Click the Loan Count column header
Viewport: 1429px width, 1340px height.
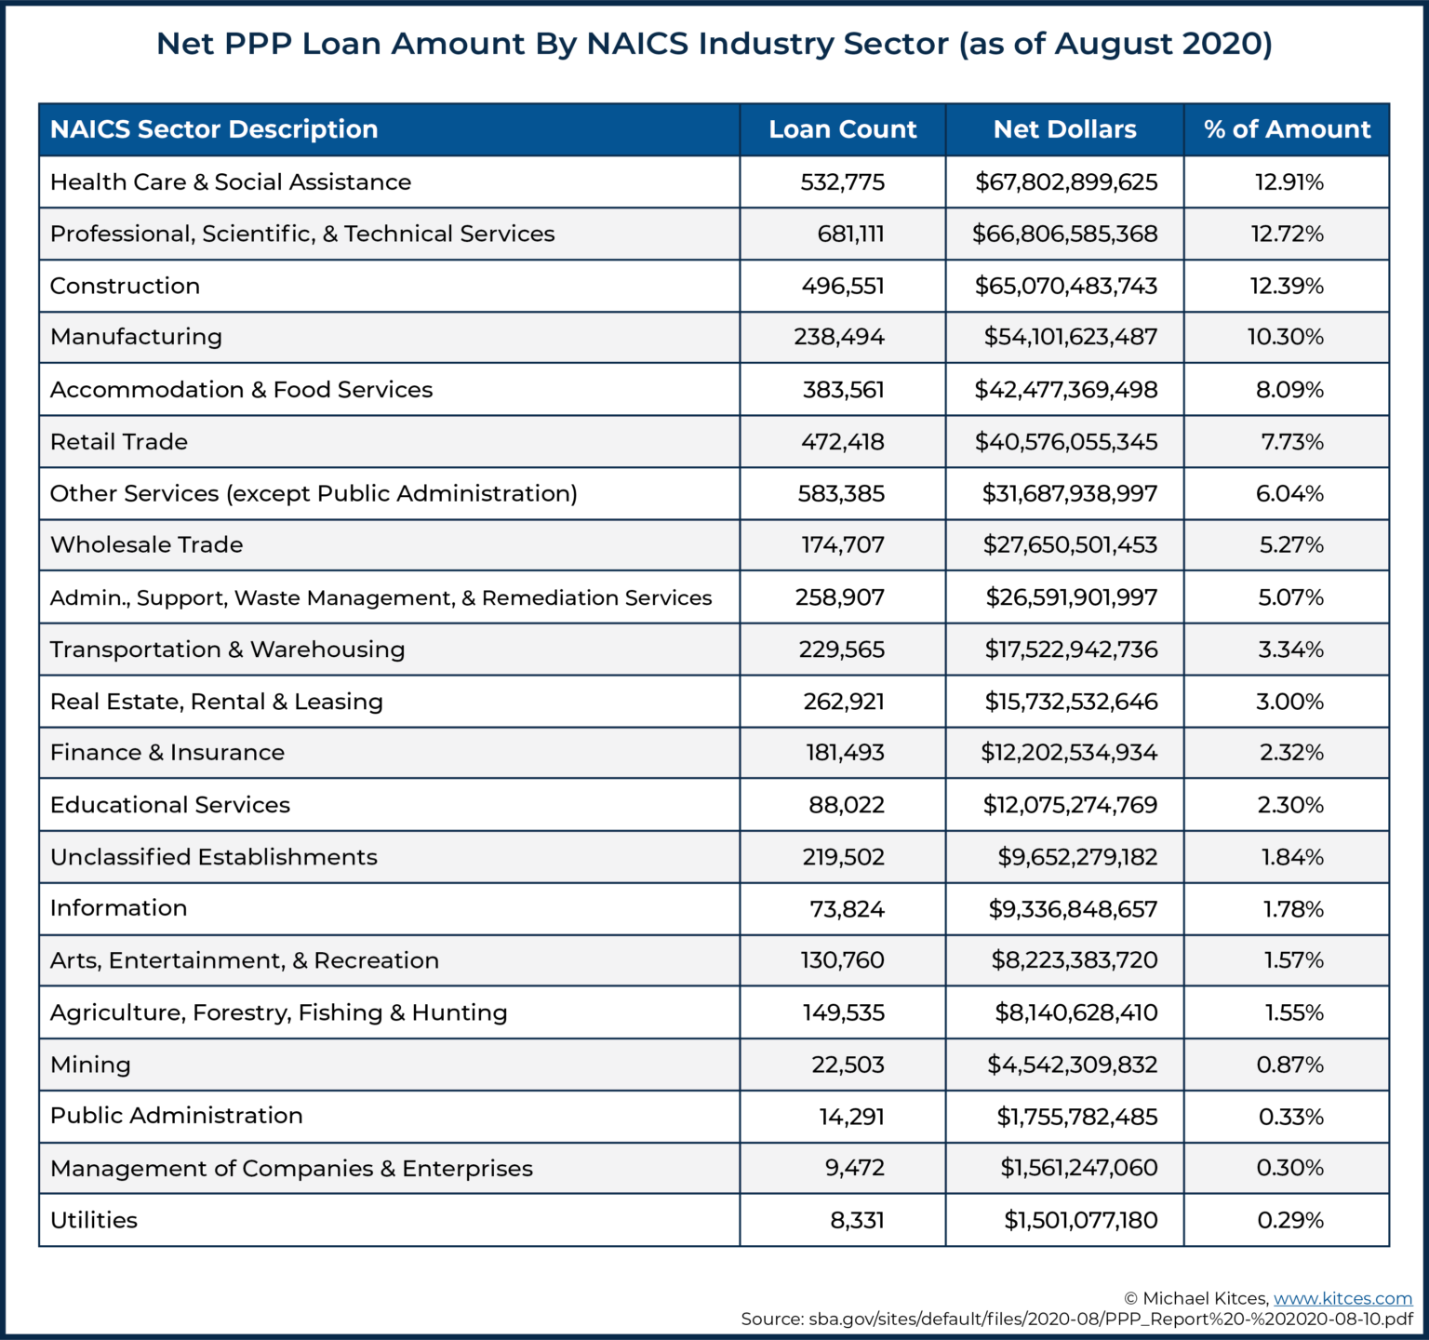point(842,129)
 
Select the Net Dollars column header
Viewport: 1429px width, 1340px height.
point(1064,129)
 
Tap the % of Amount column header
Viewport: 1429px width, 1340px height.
point(1287,129)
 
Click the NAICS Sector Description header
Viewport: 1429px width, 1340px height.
point(214,129)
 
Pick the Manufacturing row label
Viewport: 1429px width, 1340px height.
point(136,337)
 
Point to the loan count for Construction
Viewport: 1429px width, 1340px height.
point(843,286)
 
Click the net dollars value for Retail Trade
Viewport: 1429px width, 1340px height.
point(1066,442)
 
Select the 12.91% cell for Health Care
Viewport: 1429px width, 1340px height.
point(1289,182)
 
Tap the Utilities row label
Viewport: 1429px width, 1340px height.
point(94,1220)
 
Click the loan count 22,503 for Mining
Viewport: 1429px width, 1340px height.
point(848,1065)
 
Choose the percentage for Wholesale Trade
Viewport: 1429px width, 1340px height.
point(1291,545)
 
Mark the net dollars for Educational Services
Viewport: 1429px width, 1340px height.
point(1070,805)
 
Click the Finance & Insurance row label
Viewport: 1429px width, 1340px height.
point(167,753)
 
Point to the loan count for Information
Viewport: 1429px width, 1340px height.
point(847,909)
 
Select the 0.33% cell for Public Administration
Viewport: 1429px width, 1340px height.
point(1290,1117)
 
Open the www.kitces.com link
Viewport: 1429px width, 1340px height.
point(1342,1298)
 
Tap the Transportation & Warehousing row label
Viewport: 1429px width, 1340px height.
point(227,650)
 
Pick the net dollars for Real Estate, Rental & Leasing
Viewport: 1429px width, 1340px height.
point(1071,702)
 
